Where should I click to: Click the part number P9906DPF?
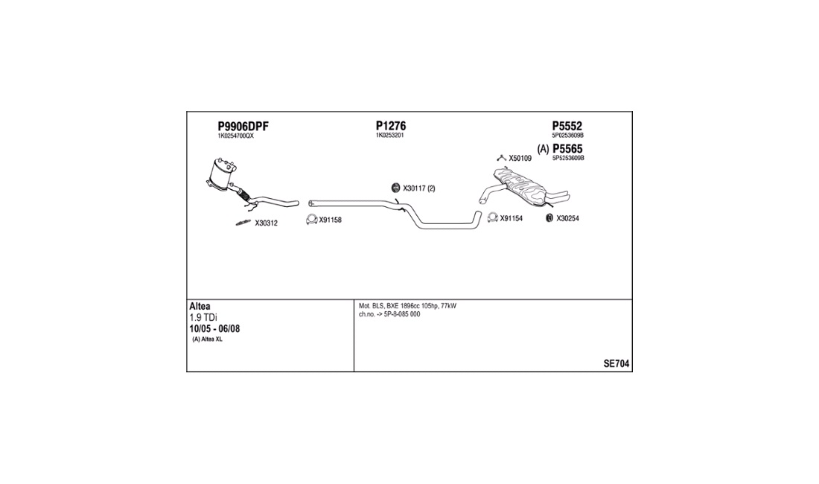tap(243, 127)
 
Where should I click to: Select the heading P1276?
tap(391, 126)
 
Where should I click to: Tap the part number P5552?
tap(567, 126)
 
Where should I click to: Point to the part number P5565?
tap(567, 149)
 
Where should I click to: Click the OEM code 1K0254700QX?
tap(235, 136)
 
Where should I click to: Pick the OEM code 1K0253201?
tap(389, 136)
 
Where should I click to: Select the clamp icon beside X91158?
tap(311, 220)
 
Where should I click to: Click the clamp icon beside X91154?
tap(492, 217)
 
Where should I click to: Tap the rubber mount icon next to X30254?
tap(549, 218)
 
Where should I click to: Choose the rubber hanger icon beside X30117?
tap(395, 188)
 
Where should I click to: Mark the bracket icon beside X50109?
tap(501, 158)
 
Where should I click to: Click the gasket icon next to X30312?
tap(243, 223)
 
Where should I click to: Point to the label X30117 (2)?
tap(419, 188)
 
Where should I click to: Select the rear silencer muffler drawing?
tap(524, 188)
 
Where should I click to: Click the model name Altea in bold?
tap(200, 307)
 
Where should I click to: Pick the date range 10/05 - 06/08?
tap(214, 329)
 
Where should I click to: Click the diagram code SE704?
tap(616, 364)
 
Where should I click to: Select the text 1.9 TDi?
tap(203, 317)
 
